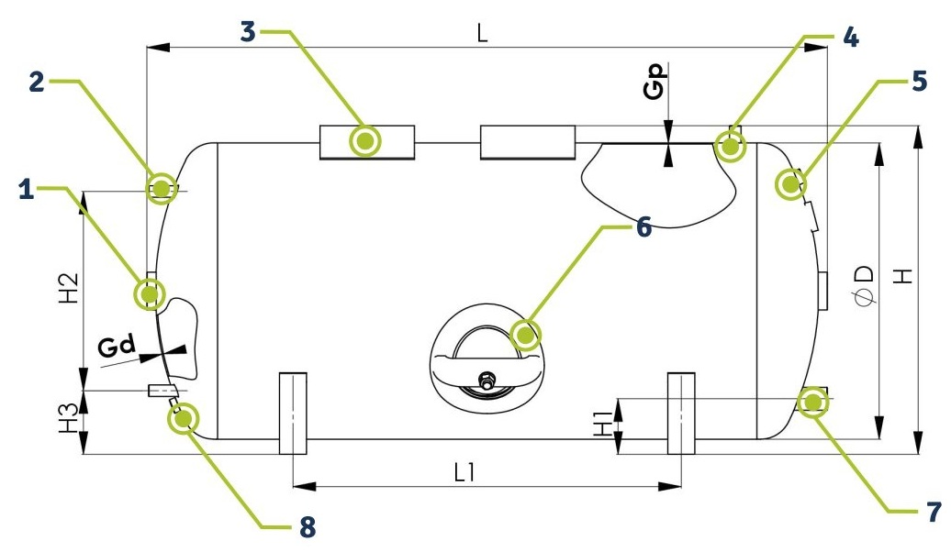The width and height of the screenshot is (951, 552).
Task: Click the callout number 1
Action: [26, 190]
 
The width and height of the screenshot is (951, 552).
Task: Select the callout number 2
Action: [37, 82]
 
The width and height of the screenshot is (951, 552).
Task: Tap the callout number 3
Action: [248, 31]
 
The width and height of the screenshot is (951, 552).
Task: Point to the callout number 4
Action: [851, 38]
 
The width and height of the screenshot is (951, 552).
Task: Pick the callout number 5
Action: [920, 82]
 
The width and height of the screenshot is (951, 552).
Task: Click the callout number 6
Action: [643, 227]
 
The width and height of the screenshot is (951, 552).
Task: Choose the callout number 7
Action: [934, 512]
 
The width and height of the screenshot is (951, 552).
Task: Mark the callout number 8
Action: [308, 526]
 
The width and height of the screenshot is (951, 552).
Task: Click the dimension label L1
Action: [464, 472]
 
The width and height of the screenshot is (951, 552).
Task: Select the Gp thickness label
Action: [655, 82]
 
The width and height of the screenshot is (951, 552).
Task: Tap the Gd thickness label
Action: [117, 347]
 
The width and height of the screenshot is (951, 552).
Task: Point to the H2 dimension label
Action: [69, 288]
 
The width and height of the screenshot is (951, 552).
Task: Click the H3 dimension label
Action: [69, 418]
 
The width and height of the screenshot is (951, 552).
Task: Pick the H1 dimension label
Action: [603, 423]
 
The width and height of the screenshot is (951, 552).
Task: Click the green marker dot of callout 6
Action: [525, 335]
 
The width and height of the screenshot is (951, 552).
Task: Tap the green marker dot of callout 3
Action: [365, 141]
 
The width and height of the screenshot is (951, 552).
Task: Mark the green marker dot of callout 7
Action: [812, 403]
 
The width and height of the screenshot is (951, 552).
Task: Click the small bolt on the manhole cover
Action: [486, 382]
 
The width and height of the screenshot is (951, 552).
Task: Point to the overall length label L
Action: [482, 32]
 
